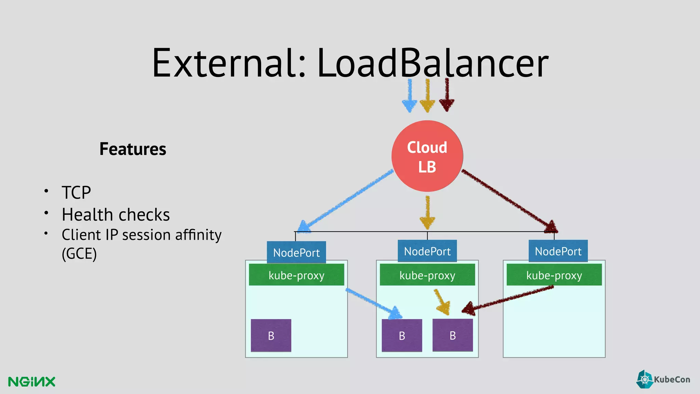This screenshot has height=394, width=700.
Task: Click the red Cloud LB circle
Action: click(427, 156)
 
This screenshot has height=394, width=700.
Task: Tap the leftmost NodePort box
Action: click(296, 252)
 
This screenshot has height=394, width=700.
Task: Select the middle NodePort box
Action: click(427, 251)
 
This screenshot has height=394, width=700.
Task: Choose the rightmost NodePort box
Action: click(558, 251)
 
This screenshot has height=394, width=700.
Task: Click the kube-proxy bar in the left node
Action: click(296, 275)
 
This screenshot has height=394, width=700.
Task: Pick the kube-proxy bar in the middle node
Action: click(427, 275)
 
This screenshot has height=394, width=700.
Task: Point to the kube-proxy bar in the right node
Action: click(554, 275)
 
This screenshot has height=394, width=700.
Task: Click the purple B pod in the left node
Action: click(271, 336)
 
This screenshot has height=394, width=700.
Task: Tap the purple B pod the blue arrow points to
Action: click(402, 336)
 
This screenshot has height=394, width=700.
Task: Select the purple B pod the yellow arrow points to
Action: click(453, 335)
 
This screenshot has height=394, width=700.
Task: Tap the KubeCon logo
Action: click(663, 379)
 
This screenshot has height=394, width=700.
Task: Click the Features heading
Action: click(133, 149)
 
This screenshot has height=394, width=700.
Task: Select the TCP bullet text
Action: click(76, 192)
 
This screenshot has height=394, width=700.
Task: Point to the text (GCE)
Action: click(79, 254)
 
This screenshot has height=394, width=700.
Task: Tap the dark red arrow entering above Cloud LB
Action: click(446, 96)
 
